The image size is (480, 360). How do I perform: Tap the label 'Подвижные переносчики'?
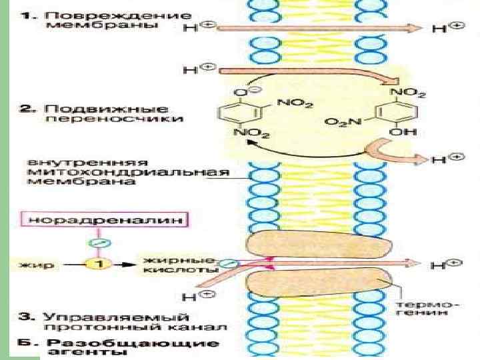pos(107,113)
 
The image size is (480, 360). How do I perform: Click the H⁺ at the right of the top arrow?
pos(446,28)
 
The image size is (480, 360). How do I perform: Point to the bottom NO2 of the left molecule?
pos(253,133)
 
